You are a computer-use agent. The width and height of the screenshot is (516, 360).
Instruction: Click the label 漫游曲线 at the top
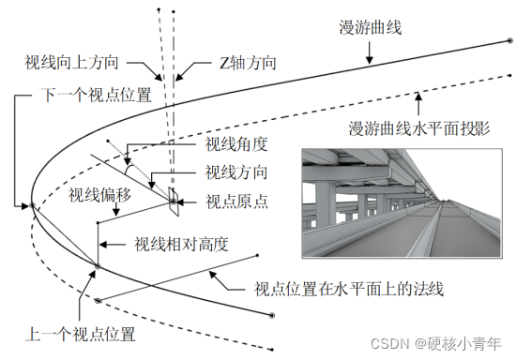(371, 27)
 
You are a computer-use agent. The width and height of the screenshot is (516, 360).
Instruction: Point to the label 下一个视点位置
(90, 96)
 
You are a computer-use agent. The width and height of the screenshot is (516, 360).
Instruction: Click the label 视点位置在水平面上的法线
(356, 290)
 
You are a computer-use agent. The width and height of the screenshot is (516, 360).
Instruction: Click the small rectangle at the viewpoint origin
(174, 193)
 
